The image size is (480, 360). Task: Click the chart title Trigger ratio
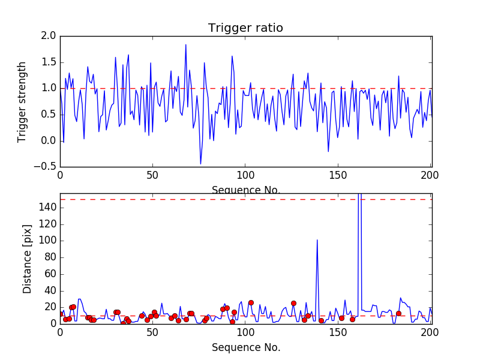click(245, 28)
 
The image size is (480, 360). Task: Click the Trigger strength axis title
click(22, 101)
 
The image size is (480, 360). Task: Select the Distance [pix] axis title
click(28, 259)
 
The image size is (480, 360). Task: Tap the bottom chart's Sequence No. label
click(245, 347)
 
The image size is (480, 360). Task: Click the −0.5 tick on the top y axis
click(46, 167)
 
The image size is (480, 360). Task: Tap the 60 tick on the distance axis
click(50, 274)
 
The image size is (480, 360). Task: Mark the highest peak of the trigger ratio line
click(185, 44)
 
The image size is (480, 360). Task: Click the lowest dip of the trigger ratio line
click(200, 164)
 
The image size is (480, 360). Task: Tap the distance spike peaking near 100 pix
click(317, 240)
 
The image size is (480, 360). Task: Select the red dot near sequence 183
click(398, 313)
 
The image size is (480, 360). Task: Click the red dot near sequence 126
click(293, 303)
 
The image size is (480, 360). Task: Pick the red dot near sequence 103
click(251, 302)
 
